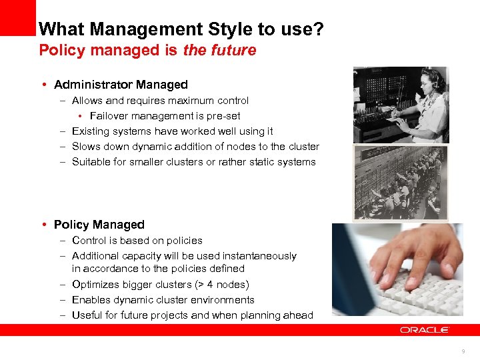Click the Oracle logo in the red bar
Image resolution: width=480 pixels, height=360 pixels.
coord(425,330)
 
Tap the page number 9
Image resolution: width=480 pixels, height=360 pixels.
coord(462,351)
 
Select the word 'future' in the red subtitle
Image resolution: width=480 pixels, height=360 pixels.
coord(233,50)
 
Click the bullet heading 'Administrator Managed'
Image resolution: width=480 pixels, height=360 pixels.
coord(121,85)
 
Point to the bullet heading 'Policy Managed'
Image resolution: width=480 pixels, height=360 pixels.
coord(99,225)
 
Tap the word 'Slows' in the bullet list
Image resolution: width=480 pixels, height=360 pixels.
coord(86,147)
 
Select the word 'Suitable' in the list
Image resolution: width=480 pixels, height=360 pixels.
coord(91,162)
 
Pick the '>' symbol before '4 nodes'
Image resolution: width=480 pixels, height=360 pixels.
coord(214,285)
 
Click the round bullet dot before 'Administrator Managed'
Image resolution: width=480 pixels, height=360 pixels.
coord(43,85)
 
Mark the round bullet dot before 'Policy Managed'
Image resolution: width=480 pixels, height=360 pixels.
coord(43,225)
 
